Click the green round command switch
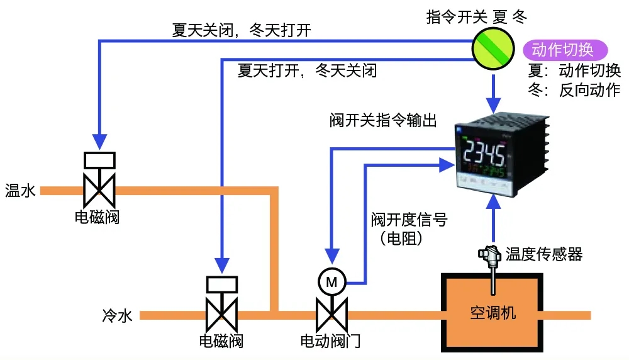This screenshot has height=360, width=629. (x=493, y=48)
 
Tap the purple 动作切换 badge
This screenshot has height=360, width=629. (x=565, y=50)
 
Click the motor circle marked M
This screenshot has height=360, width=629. (x=331, y=282)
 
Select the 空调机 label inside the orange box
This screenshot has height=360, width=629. (x=493, y=313)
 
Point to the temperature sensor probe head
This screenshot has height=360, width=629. (x=489, y=254)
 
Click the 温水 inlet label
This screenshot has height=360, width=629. (x=20, y=190)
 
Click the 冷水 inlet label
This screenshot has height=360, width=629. (x=117, y=316)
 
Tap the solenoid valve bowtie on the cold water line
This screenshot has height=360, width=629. (x=222, y=315)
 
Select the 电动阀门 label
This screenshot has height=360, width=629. (x=330, y=341)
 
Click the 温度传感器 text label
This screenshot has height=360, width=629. (x=543, y=254)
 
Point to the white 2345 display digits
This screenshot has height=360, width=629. (x=484, y=152)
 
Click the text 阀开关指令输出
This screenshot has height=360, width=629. (x=383, y=120)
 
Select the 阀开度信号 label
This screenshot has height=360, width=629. (x=409, y=220)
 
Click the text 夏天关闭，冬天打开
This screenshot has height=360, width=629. (x=242, y=30)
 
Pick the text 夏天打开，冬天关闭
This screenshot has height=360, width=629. (x=308, y=70)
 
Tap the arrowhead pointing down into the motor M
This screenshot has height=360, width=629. (x=331, y=256)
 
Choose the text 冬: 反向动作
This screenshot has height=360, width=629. (x=574, y=90)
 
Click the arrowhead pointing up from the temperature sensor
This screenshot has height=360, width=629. (x=493, y=202)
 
